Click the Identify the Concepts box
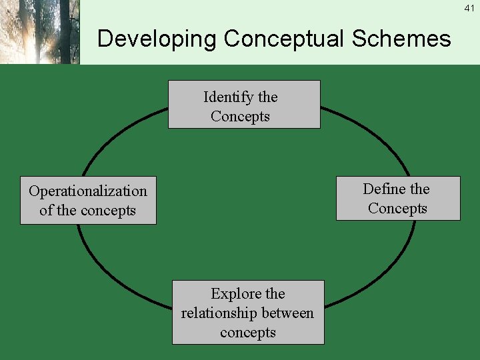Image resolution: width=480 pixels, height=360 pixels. (244, 105)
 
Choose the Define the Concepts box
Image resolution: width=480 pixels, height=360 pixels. (398, 199)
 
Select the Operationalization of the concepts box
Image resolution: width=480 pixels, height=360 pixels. (88, 201)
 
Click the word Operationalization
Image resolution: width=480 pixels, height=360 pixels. (88, 191)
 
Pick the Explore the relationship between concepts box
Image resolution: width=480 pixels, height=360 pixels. (248, 313)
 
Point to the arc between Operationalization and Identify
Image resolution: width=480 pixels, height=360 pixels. (113, 133)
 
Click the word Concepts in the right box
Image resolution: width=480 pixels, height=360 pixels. (397, 209)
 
